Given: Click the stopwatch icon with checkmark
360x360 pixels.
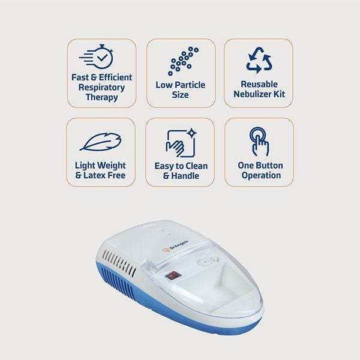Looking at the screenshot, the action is coord(96,56).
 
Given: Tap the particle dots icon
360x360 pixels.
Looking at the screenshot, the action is coord(183,61).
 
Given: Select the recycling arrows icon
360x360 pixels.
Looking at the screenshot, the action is coord(259,60).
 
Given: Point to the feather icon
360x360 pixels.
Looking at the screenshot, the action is coord(101,142).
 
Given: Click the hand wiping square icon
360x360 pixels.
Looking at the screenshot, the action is coord(181,143).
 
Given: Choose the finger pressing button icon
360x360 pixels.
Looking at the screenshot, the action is coord(259,142).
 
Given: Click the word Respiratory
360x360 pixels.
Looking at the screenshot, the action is coord(102,88).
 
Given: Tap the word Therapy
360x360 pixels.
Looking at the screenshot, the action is coord(102,97).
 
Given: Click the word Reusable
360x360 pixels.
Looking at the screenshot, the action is coord(259,84).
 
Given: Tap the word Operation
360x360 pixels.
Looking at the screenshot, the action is coord(261,175).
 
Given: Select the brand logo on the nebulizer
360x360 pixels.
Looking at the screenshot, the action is coord(176,246).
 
